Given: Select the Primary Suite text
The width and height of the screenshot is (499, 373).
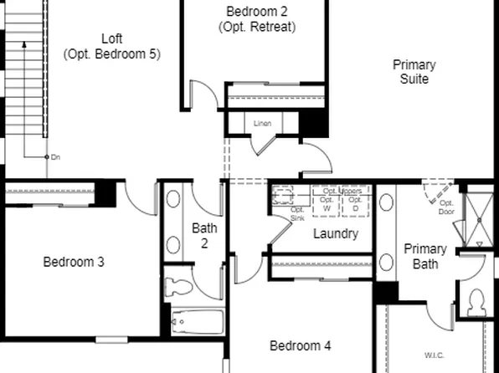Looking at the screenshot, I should point(414,72).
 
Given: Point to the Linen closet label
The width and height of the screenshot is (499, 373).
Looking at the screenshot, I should point(263,124).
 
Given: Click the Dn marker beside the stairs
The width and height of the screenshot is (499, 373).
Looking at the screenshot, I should point(55,156).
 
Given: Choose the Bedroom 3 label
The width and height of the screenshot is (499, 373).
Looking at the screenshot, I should point(74,262).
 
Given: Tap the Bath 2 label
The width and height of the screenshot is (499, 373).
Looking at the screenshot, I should point(205,235).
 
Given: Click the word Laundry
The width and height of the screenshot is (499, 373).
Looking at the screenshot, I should point(336,233).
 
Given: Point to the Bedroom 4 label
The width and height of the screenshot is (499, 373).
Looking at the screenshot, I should point(301,345).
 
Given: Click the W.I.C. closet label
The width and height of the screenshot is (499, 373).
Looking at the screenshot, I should point(435,355).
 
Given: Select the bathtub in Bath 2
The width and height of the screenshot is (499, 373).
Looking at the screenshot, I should point(198,322).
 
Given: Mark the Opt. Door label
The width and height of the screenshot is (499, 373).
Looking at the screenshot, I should point(446,207).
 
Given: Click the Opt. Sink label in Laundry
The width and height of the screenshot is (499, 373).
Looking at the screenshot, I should point(297,213).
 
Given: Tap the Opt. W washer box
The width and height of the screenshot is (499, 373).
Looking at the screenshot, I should point(327,202).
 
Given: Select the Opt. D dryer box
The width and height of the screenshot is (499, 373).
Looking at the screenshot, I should point(355,202).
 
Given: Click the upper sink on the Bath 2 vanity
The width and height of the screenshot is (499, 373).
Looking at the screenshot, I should point(173,200).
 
